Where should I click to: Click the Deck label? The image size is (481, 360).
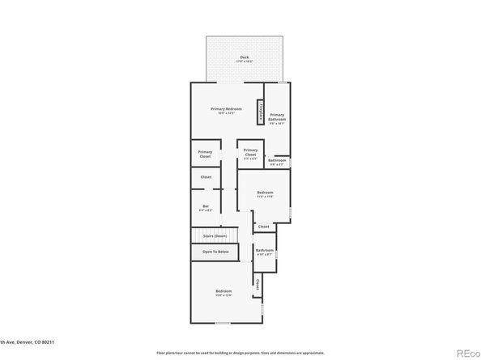point(245,57)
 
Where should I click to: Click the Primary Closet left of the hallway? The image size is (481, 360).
point(206,154)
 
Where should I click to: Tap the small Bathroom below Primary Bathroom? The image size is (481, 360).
point(277,161)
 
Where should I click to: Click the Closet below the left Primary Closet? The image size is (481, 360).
point(206,176)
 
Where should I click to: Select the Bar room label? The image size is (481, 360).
point(206,208)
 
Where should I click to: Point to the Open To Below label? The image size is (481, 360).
point(215,252)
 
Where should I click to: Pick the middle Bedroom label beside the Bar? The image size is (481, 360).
point(265,193)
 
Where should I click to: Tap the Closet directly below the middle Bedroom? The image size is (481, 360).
point(263,227)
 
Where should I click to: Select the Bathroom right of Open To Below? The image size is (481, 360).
point(265,252)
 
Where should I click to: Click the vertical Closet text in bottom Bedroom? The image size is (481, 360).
point(258,284)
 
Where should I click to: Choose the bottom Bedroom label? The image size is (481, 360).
point(223,293)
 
